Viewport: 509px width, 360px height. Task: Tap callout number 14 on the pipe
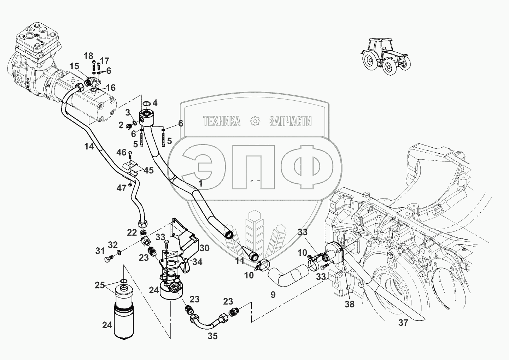pyautogui.click(x=89, y=146)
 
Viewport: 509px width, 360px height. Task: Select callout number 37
pyautogui.click(x=403, y=323)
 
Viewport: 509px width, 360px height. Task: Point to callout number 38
pyautogui.click(x=350, y=303)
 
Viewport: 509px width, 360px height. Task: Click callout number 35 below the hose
pyautogui.click(x=212, y=336)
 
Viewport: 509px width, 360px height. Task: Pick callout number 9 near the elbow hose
pyautogui.click(x=273, y=294)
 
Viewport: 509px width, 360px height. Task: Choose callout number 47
pyautogui.click(x=122, y=188)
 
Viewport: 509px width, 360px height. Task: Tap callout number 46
pyautogui.click(x=121, y=153)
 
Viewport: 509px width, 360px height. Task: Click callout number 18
pyautogui.click(x=88, y=56)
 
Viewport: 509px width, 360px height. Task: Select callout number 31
pyautogui.click(x=100, y=251)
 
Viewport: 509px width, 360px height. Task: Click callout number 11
pyautogui.click(x=240, y=261)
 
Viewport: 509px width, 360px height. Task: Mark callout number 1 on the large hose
pyautogui.click(x=200, y=183)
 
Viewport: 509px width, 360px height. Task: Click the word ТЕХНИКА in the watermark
pyautogui.click(x=222, y=122)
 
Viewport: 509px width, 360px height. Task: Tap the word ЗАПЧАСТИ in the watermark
pyautogui.click(x=290, y=122)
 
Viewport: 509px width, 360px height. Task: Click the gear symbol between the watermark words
pyautogui.click(x=255, y=121)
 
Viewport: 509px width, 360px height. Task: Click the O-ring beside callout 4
pyautogui.click(x=146, y=104)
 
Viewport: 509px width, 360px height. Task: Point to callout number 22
pyautogui.click(x=132, y=232)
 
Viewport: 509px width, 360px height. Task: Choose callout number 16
pyautogui.click(x=111, y=88)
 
